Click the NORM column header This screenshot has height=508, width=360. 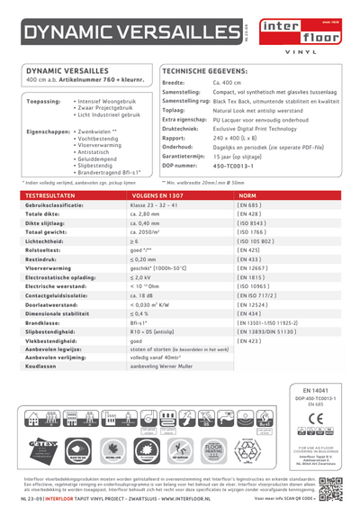coord(247,195)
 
